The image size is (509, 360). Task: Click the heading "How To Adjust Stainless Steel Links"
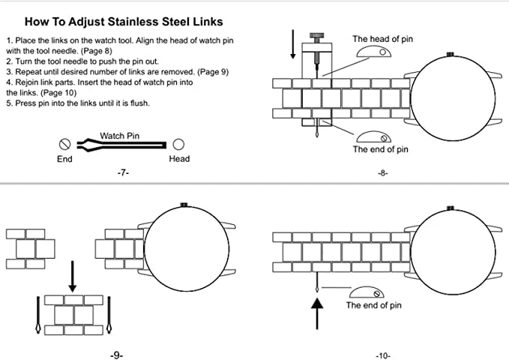coord(124,22)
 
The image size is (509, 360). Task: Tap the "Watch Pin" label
coord(119,136)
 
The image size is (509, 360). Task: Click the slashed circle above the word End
coord(65,144)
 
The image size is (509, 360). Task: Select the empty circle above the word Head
coord(178,144)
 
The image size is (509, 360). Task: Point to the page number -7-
coord(123,172)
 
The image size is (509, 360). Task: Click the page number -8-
coord(383,173)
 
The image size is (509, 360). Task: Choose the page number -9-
coord(116,355)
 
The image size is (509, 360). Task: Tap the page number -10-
coord(383,356)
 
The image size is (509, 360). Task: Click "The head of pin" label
coord(383,39)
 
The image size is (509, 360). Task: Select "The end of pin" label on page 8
coord(381,149)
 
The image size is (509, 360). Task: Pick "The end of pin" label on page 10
coord(373,305)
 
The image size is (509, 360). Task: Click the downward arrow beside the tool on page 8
coord(293,44)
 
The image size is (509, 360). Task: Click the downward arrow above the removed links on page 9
coord(73,276)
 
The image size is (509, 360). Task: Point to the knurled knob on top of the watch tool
coord(317,35)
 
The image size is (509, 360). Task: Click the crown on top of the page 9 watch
coord(184,205)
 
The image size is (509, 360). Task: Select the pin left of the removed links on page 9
coord(38,314)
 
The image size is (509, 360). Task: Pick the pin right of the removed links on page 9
coord(109,314)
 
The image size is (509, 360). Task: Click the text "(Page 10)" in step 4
coord(58,92)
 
